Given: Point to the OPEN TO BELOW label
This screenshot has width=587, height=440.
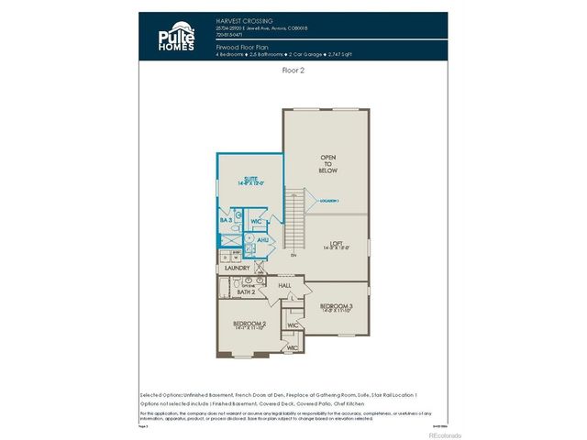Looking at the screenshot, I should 327,164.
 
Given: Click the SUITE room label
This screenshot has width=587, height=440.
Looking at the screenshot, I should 250,181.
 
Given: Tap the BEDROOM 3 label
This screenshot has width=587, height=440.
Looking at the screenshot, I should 337,307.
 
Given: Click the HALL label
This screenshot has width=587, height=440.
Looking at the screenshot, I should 284,285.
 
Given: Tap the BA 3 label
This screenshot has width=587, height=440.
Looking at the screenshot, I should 225,220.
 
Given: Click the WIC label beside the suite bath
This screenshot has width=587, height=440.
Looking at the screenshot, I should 257,221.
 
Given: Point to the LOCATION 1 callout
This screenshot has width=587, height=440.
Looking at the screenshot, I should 328,200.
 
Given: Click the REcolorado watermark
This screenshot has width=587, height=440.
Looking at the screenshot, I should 441,434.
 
